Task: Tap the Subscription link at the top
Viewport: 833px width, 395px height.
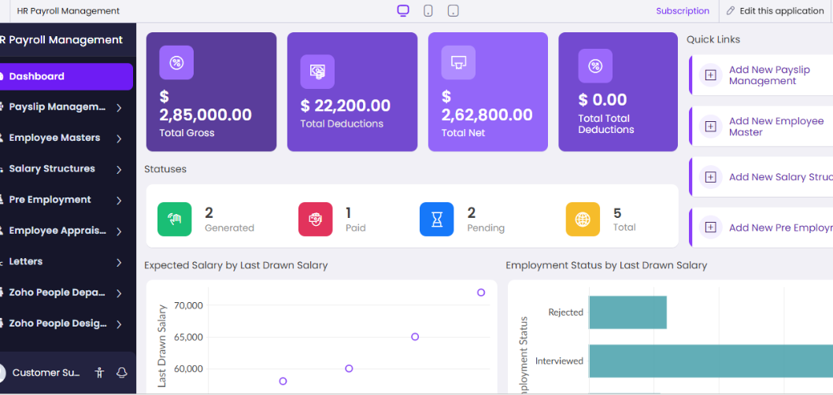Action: pos(683,11)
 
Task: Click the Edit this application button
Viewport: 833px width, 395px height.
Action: pos(775,11)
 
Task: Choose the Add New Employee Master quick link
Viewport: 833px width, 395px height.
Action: pos(776,127)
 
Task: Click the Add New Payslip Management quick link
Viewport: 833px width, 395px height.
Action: pos(768,76)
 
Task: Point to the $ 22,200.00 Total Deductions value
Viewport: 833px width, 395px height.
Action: pos(346,105)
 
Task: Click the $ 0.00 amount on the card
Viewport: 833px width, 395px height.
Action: pos(602,100)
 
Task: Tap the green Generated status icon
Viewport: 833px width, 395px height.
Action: pos(174,220)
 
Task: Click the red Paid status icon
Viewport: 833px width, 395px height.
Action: pos(315,220)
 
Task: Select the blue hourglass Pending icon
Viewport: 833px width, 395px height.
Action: pos(436,220)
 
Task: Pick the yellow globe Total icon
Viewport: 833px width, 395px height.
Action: pos(583,220)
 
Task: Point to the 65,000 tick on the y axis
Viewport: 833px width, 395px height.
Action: pos(189,337)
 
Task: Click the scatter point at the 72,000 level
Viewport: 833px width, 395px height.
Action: pos(481,293)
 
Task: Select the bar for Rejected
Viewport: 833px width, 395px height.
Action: pos(628,312)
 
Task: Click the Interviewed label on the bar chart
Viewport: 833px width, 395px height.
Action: pos(559,361)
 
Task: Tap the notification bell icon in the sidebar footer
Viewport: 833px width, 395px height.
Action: pos(121,372)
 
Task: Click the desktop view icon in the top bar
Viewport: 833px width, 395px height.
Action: pos(403,11)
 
